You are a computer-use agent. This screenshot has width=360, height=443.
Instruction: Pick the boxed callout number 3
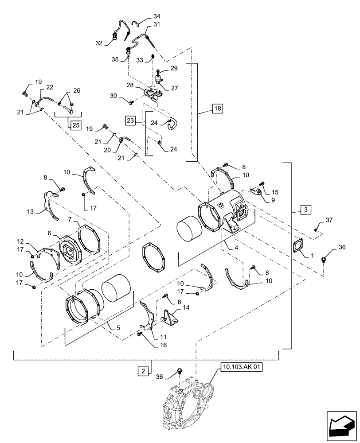click(305, 209)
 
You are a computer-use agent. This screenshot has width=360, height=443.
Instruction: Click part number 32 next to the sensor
click(98, 43)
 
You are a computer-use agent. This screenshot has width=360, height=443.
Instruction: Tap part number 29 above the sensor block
click(174, 69)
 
